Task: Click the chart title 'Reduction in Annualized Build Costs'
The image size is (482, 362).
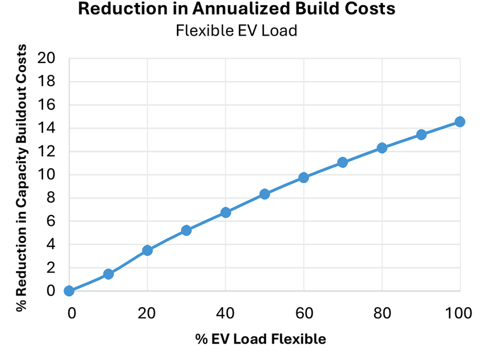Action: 236,9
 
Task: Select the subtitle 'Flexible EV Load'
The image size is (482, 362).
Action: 236,30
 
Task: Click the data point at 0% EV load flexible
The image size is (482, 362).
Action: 69,291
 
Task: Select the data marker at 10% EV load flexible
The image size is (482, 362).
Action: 108,274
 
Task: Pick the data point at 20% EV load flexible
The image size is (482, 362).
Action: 147,250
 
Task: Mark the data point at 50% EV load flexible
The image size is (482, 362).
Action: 264,194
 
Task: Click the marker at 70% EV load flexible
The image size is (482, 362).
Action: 343,162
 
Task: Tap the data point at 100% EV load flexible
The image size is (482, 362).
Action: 460,121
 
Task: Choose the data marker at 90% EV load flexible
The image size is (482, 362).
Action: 421,135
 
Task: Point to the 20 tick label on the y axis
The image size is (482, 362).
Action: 46,58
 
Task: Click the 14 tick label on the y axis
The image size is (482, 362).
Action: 46,128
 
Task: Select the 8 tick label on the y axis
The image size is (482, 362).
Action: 51,198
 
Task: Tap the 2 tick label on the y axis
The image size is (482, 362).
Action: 51,268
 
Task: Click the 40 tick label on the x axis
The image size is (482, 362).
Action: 225,314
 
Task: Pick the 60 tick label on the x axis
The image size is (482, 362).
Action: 303,314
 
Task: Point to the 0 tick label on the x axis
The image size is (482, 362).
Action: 71,314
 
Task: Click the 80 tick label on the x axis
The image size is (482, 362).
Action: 382,314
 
